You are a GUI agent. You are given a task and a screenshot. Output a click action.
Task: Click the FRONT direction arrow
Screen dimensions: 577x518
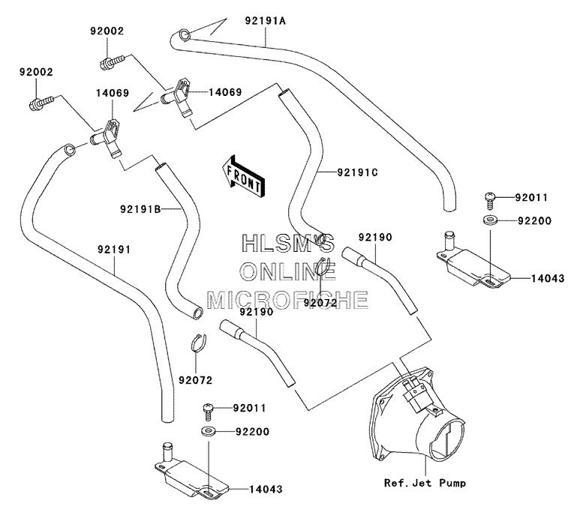pyautogui.click(x=243, y=175)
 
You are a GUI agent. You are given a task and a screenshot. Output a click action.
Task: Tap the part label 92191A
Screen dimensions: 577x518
pyautogui.click(x=266, y=20)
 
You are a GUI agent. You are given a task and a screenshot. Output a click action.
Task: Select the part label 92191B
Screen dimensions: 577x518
pyautogui.click(x=140, y=209)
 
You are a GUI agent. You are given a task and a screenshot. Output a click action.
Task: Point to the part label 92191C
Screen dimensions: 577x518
pyautogui.click(x=357, y=172)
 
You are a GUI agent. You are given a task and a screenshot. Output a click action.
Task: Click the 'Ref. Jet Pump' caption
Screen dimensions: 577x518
pyautogui.click(x=425, y=482)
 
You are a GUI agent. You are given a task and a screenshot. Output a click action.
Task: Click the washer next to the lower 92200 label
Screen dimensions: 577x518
pyautogui.click(x=209, y=430)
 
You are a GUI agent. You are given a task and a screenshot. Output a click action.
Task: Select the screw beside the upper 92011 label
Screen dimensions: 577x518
pyautogui.click(x=489, y=199)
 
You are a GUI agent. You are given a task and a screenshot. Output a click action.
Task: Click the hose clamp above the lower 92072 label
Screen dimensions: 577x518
pyautogui.click(x=198, y=344)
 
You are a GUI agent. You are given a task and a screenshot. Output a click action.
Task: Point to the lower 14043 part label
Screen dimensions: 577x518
pyautogui.click(x=266, y=489)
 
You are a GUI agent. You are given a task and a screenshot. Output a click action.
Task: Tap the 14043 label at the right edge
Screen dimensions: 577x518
pyautogui.click(x=548, y=278)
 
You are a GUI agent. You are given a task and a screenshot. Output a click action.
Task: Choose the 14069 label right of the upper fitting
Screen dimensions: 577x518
pyautogui.click(x=225, y=92)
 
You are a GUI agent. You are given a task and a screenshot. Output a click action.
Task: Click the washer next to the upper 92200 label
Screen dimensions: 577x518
pyautogui.click(x=490, y=220)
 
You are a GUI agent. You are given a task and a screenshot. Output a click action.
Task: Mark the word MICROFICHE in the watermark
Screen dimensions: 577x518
pyautogui.click(x=287, y=299)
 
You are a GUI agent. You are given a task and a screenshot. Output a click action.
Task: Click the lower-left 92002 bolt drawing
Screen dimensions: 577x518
pyautogui.click(x=41, y=102)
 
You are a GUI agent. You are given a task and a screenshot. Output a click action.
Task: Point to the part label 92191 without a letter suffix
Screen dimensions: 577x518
pyautogui.click(x=114, y=250)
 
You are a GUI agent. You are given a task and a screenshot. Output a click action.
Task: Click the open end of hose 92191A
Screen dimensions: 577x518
pyautogui.click(x=184, y=36)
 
